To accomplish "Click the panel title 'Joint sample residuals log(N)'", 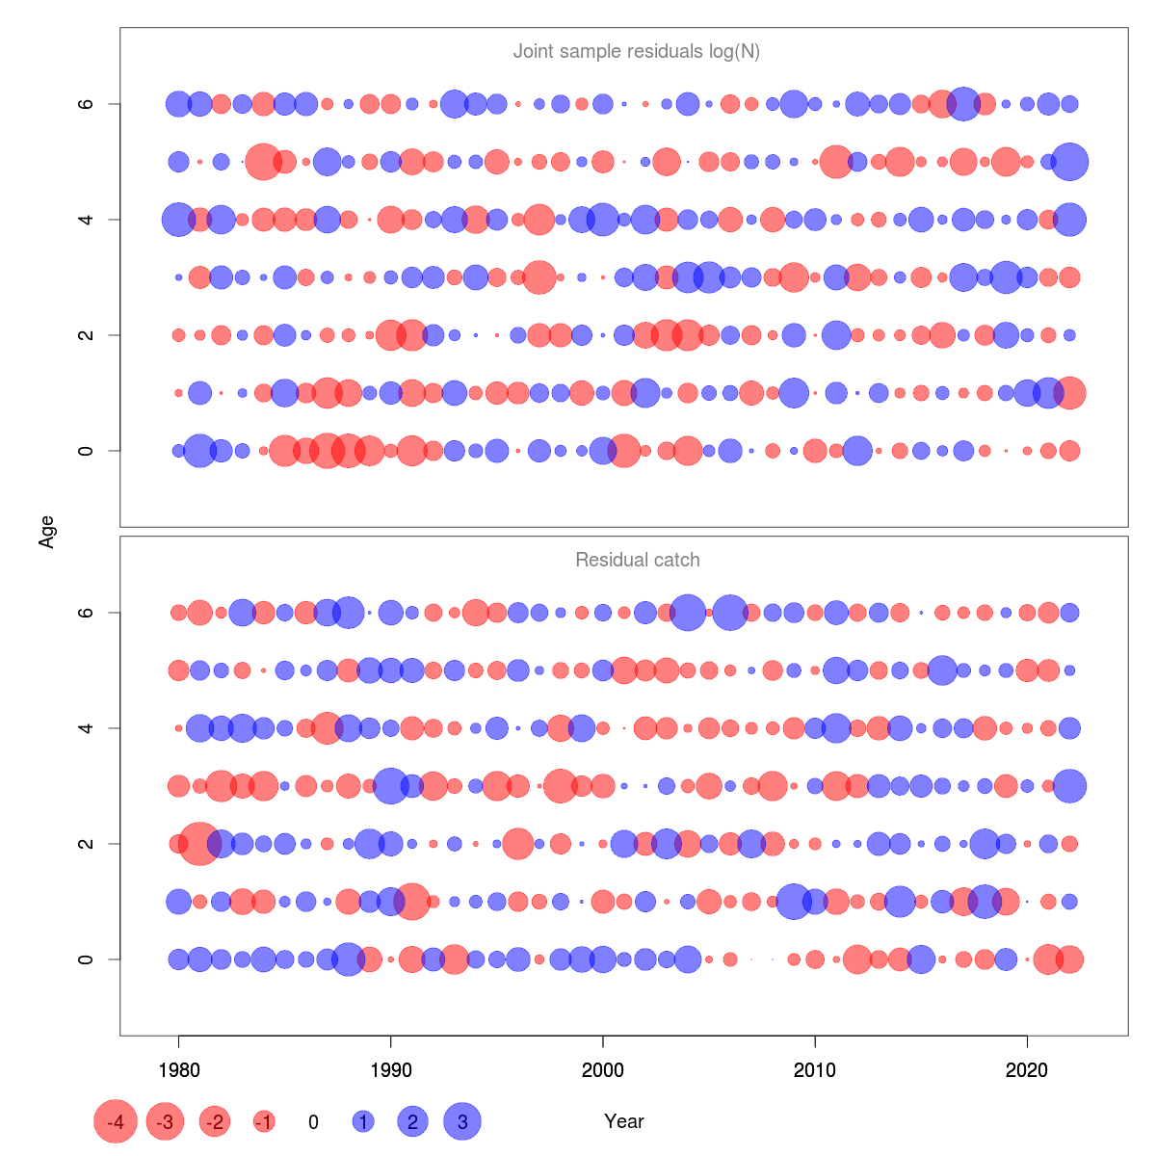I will click(637, 51).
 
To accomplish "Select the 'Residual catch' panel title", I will click(637, 560).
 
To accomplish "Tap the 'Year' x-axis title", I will click(624, 1121).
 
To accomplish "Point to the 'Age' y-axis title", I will click(46, 532).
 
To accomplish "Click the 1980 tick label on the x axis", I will click(178, 1069).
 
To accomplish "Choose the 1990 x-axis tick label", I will click(390, 1069).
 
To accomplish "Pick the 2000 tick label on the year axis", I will click(603, 1069).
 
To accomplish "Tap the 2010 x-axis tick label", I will click(815, 1069).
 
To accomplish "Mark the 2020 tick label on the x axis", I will click(1027, 1069).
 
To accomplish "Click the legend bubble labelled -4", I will click(116, 1121).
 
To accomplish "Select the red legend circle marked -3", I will click(166, 1121).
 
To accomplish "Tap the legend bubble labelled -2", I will click(215, 1121).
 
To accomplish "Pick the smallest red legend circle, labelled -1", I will click(264, 1121).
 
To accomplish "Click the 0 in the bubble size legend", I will click(313, 1121).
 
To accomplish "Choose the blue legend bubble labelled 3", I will click(462, 1121).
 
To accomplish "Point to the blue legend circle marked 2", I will click(412, 1121).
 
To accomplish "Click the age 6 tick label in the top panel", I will click(87, 104).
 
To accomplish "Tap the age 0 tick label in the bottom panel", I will click(87, 959).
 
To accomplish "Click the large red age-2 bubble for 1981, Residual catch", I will click(200, 844).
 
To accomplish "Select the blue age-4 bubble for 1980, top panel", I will click(178, 220).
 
